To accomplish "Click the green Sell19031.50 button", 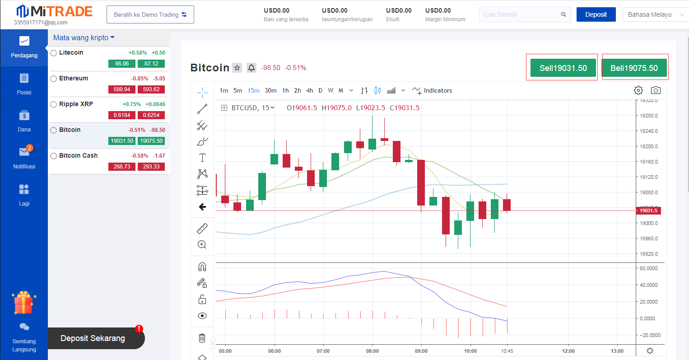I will pos(563,68).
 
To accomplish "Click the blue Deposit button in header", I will pos(596,14).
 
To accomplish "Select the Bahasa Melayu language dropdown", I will pos(655,14).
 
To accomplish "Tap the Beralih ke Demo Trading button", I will pos(150,14).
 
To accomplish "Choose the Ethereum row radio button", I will pos(54,79).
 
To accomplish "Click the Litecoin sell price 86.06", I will pos(122,64).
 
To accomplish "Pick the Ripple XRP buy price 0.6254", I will pos(151,115).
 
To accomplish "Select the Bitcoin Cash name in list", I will pos(78,155).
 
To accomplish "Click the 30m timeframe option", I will pos(270,90).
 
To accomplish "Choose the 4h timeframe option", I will pos(310,90).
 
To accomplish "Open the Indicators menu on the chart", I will pos(433,90).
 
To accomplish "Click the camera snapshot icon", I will pos(656,90).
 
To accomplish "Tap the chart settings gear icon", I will pos(638,90).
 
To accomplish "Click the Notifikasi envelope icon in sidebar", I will pos(24,152).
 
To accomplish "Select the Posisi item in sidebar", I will pos(24,84).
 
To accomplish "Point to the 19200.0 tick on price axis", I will pos(649,146).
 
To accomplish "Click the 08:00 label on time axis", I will pos(372,351).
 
